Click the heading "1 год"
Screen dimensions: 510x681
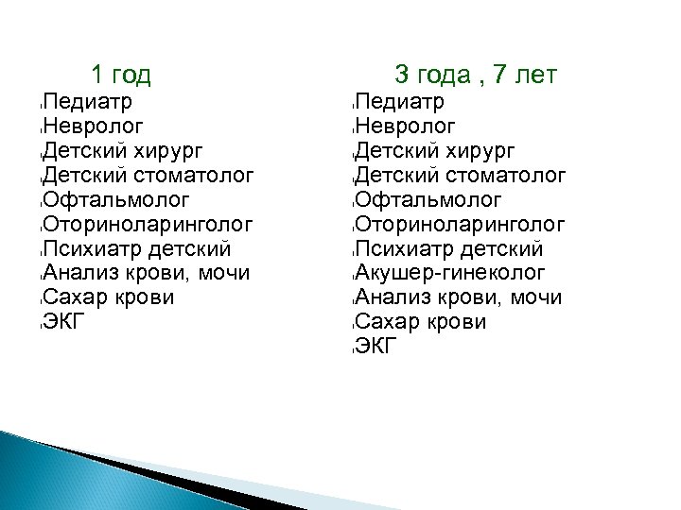coord(121,74)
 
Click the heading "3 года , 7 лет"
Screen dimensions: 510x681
coord(476,74)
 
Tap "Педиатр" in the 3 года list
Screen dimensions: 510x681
coord(400,101)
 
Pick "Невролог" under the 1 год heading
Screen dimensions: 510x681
coord(94,126)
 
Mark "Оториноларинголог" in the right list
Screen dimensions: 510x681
coord(461,224)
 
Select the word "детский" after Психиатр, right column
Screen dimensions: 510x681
coord(500,248)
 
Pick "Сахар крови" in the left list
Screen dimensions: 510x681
coord(109,297)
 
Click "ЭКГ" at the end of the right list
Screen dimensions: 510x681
coord(377,347)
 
